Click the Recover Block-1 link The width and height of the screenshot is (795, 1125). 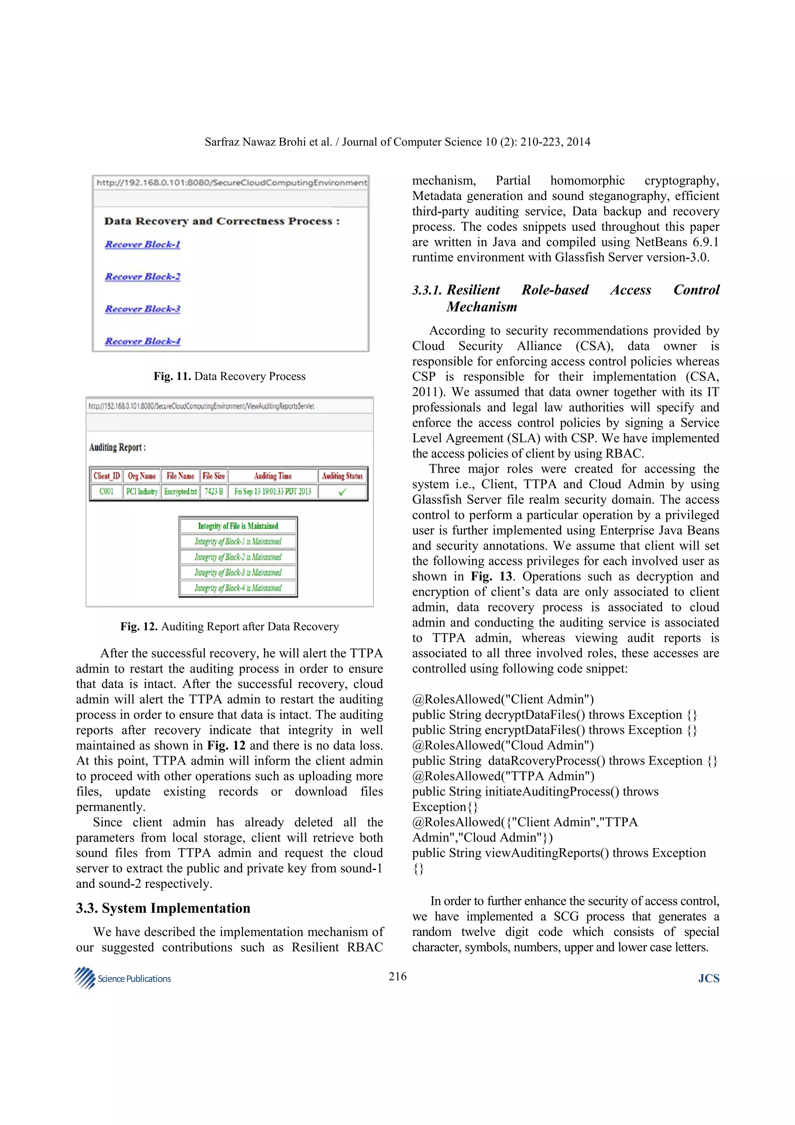coord(142,244)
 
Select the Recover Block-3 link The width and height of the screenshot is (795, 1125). coord(142,309)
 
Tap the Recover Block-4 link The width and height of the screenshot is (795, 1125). coord(142,341)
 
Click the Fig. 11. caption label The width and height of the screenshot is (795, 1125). coord(172,376)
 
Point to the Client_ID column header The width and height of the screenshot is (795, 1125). coord(106,476)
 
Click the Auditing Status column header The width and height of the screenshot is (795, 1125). coord(342,476)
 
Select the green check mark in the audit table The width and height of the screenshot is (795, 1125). coord(342,491)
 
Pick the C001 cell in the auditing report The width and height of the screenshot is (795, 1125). coord(106,491)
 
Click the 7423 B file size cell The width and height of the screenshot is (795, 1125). coord(214,491)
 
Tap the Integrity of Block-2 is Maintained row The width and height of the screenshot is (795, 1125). coord(238,557)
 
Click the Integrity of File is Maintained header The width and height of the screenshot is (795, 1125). coord(238,526)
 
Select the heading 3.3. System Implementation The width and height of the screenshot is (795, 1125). coord(163,908)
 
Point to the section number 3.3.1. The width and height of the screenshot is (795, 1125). coord(427,290)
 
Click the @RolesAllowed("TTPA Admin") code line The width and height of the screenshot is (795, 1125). coord(503,776)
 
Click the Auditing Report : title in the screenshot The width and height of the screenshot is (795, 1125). coord(118,447)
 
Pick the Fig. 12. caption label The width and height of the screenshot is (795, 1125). coord(139,627)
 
